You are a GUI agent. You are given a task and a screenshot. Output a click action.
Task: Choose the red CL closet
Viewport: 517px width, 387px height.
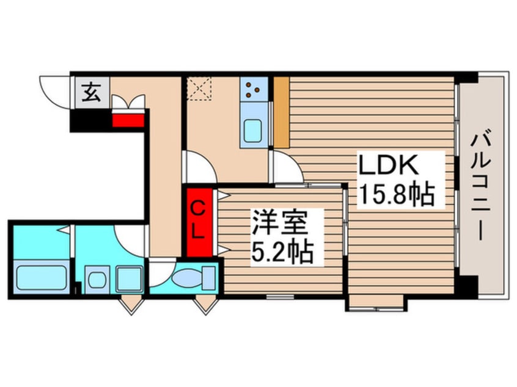click(199, 222)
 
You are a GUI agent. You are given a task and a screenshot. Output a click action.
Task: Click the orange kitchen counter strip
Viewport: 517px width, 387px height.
click(281, 112)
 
